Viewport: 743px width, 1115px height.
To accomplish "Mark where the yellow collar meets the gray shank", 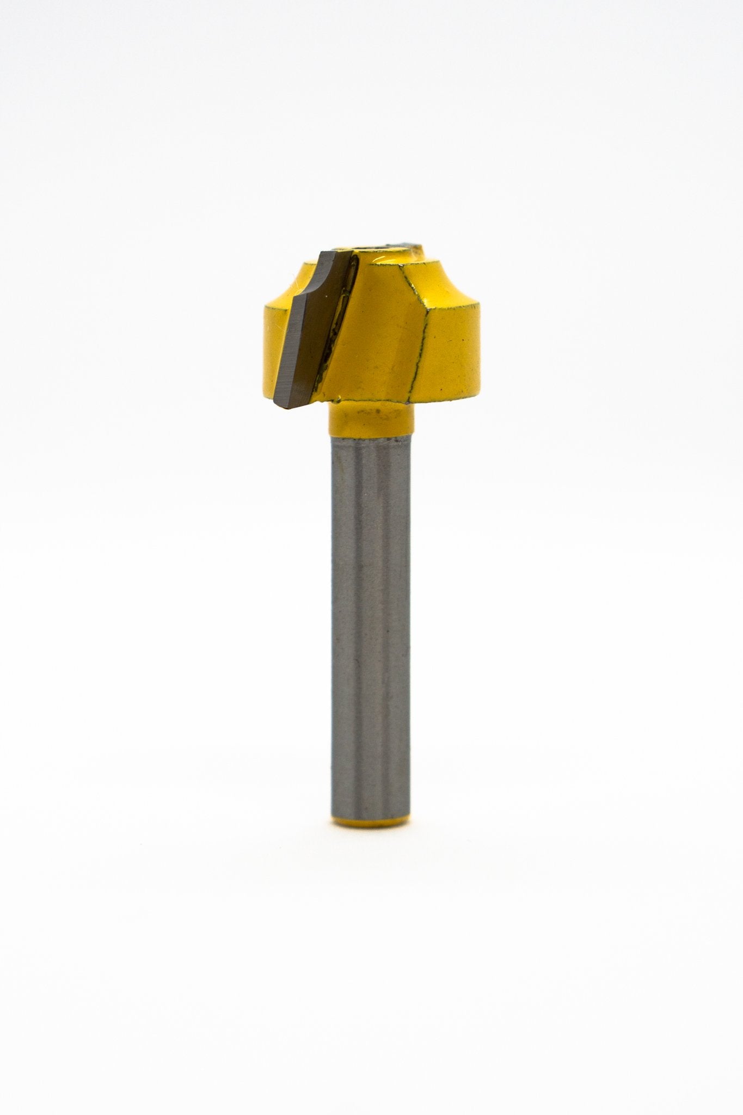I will point(370,434).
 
